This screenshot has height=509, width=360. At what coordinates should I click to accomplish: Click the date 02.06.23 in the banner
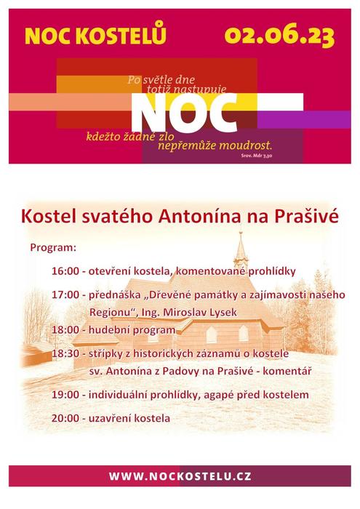click(x=279, y=36)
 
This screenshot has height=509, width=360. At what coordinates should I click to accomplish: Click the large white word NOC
click(x=184, y=112)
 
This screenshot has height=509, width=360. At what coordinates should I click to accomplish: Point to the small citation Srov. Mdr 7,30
click(x=257, y=156)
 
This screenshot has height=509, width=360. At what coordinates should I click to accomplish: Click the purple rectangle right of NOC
click(x=304, y=119)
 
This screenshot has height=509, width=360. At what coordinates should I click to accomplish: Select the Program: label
click(x=53, y=248)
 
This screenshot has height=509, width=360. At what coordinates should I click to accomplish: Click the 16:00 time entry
click(x=65, y=271)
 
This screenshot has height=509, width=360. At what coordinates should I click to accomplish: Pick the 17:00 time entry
click(x=65, y=294)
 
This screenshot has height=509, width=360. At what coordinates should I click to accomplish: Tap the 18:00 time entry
click(x=65, y=330)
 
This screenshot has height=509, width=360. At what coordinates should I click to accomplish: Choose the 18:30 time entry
click(x=65, y=353)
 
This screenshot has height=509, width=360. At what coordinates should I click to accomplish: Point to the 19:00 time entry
click(x=65, y=395)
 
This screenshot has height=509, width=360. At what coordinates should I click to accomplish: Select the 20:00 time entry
click(x=65, y=418)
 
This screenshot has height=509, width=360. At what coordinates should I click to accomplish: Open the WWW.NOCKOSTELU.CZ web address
click(x=180, y=476)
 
